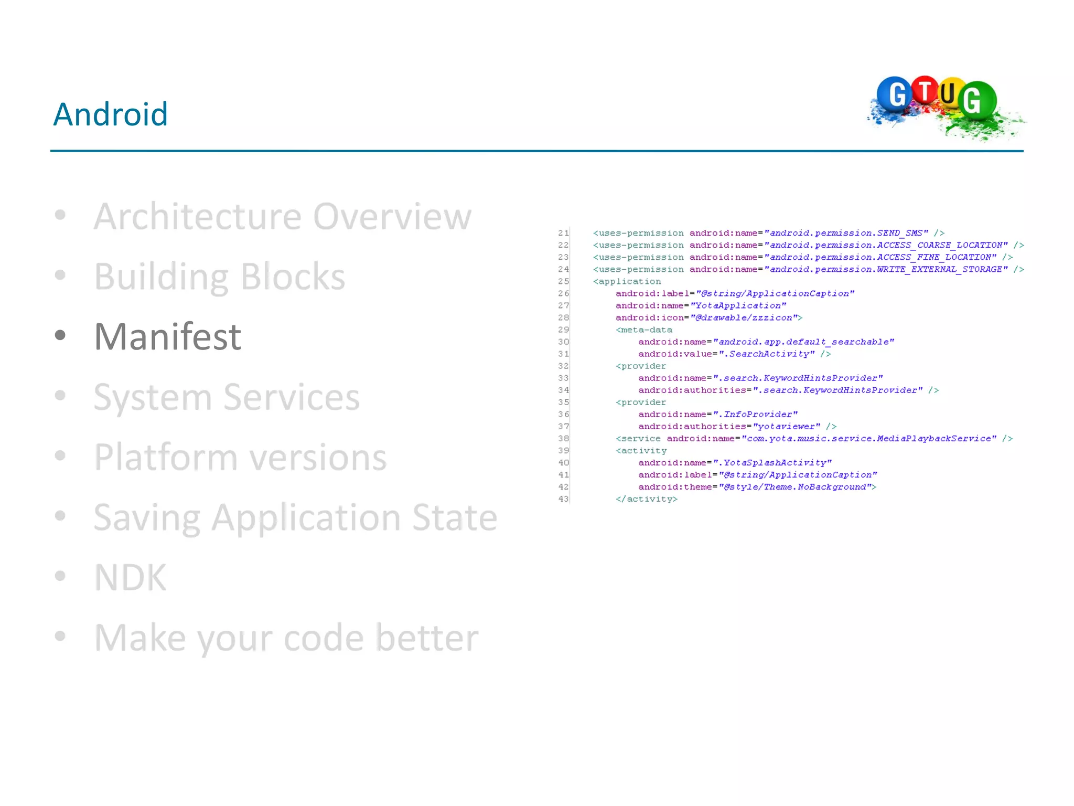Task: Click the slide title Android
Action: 111,114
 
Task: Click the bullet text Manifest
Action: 167,336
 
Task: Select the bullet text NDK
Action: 130,577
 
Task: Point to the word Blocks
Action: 293,277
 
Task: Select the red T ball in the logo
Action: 925,90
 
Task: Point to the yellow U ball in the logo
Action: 948,93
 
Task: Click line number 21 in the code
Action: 563,233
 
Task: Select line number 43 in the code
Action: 563,499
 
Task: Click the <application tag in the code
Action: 627,281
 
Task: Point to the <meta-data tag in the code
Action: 643,330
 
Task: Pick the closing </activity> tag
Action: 646,499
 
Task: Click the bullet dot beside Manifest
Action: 60,335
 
